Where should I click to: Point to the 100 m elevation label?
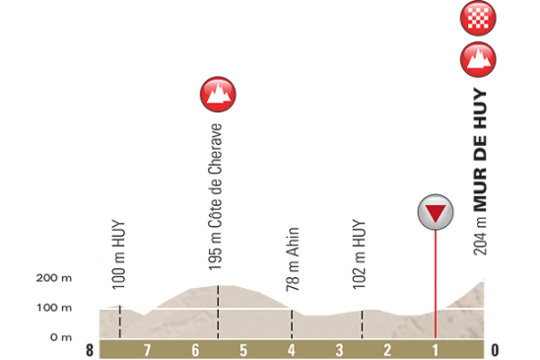[61, 308]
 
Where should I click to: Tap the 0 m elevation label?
[61, 337]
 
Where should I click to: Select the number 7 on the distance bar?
[147, 350]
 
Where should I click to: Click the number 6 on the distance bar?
[195, 350]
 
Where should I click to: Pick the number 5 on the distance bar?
[243, 350]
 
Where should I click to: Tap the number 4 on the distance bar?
[292, 350]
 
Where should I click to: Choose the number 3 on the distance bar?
[339, 350]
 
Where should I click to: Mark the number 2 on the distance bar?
[387, 350]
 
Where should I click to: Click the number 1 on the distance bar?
[435, 350]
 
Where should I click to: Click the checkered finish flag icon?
[478, 18]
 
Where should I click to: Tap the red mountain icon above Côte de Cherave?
[218, 94]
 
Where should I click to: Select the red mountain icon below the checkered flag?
[478, 60]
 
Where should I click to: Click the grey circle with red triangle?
[436, 212]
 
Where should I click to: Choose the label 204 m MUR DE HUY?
[480, 173]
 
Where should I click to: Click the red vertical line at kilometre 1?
[436, 286]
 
